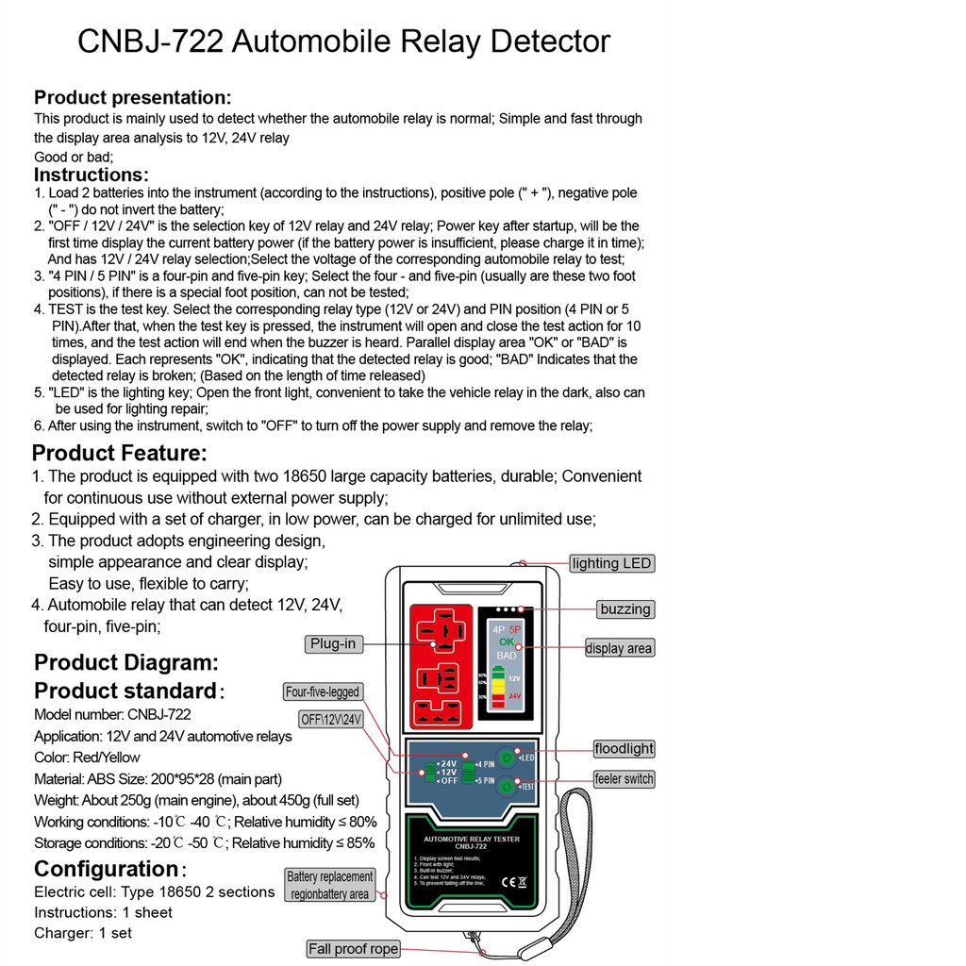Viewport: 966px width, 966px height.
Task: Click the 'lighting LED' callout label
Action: pyautogui.click(x=611, y=563)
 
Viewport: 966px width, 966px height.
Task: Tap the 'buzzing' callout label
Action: pyautogui.click(x=625, y=608)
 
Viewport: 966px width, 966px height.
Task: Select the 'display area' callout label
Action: pyautogui.click(x=619, y=648)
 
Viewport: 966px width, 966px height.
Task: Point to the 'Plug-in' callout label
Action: pyautogui.click(x=333, y=643)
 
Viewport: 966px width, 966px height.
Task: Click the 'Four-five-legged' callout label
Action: pyautogui.click(x=323, y=691)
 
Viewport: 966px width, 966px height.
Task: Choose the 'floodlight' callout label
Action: pyautogui.click(x=624, y=749)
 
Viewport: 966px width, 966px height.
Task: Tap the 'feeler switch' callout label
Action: pyautogui.click(x=624, y=779)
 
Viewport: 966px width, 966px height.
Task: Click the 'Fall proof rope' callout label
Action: pyautogui.click(x=353, y=949)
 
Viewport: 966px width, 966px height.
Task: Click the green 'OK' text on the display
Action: pyautogui.click(x=507, y=641)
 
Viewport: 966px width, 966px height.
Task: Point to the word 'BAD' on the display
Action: pyautogui.click(x=507, y=655)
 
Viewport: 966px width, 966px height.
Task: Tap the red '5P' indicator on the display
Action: pyautogui.click(x=515, y=628)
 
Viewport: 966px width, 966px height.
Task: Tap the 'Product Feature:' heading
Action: pyautogui.click(x=120, y=453)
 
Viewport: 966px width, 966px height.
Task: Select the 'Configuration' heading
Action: pyautogui.click(x=106, y=869)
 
